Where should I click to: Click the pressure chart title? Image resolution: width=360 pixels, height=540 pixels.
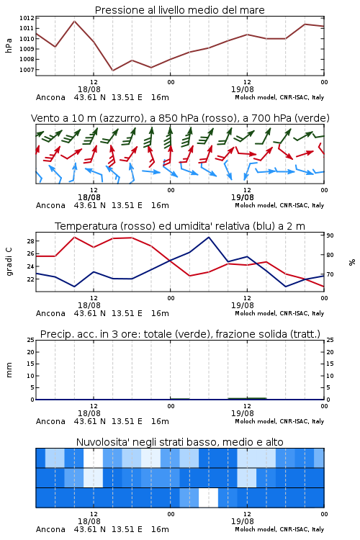coord(179,10)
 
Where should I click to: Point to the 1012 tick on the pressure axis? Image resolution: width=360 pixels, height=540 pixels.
coord(27,18)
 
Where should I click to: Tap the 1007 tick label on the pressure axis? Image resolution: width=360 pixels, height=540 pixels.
coord(27,70)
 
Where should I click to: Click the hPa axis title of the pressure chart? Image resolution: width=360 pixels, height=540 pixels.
coord(9,45)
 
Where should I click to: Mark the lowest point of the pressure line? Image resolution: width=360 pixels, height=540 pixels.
coord(112,71)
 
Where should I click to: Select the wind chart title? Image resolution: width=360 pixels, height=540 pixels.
coord(180,118)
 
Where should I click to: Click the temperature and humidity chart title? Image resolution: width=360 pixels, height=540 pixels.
coord(180,226)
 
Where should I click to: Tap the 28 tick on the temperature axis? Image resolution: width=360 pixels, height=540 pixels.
coord(30,241)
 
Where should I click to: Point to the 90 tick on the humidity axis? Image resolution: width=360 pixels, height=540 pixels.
coord(330,235)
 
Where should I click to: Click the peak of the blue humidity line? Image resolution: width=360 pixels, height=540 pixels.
coord(208,237)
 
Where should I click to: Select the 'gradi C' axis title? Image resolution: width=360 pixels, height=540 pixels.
coord(9,262)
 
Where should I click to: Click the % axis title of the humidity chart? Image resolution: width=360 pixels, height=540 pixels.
coord(352,262)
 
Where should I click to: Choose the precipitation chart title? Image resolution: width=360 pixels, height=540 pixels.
coord(180,334)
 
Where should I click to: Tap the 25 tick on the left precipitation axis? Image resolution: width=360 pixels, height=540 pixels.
coord(30,340)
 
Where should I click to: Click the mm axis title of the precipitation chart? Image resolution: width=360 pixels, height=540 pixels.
coord(9,370)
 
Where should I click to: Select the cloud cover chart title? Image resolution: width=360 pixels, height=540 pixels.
coord(179,442)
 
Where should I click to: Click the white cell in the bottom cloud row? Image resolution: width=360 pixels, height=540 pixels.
coord(208,498)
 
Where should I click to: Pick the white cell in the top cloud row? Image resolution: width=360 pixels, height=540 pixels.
coord(93,458)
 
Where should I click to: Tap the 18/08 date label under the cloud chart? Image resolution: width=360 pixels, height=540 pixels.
coord(89,521)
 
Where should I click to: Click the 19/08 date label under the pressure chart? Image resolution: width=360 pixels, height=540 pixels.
coord(242,89)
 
